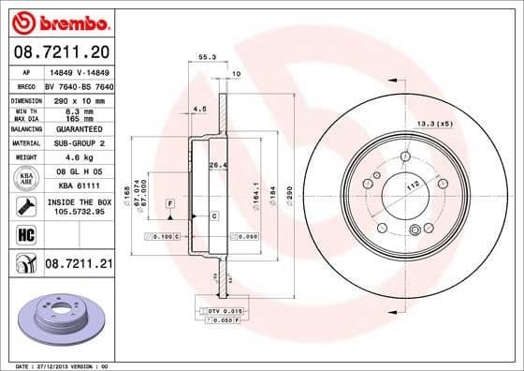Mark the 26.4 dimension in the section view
click(217, 166)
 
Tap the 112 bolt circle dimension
click(411, 186)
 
